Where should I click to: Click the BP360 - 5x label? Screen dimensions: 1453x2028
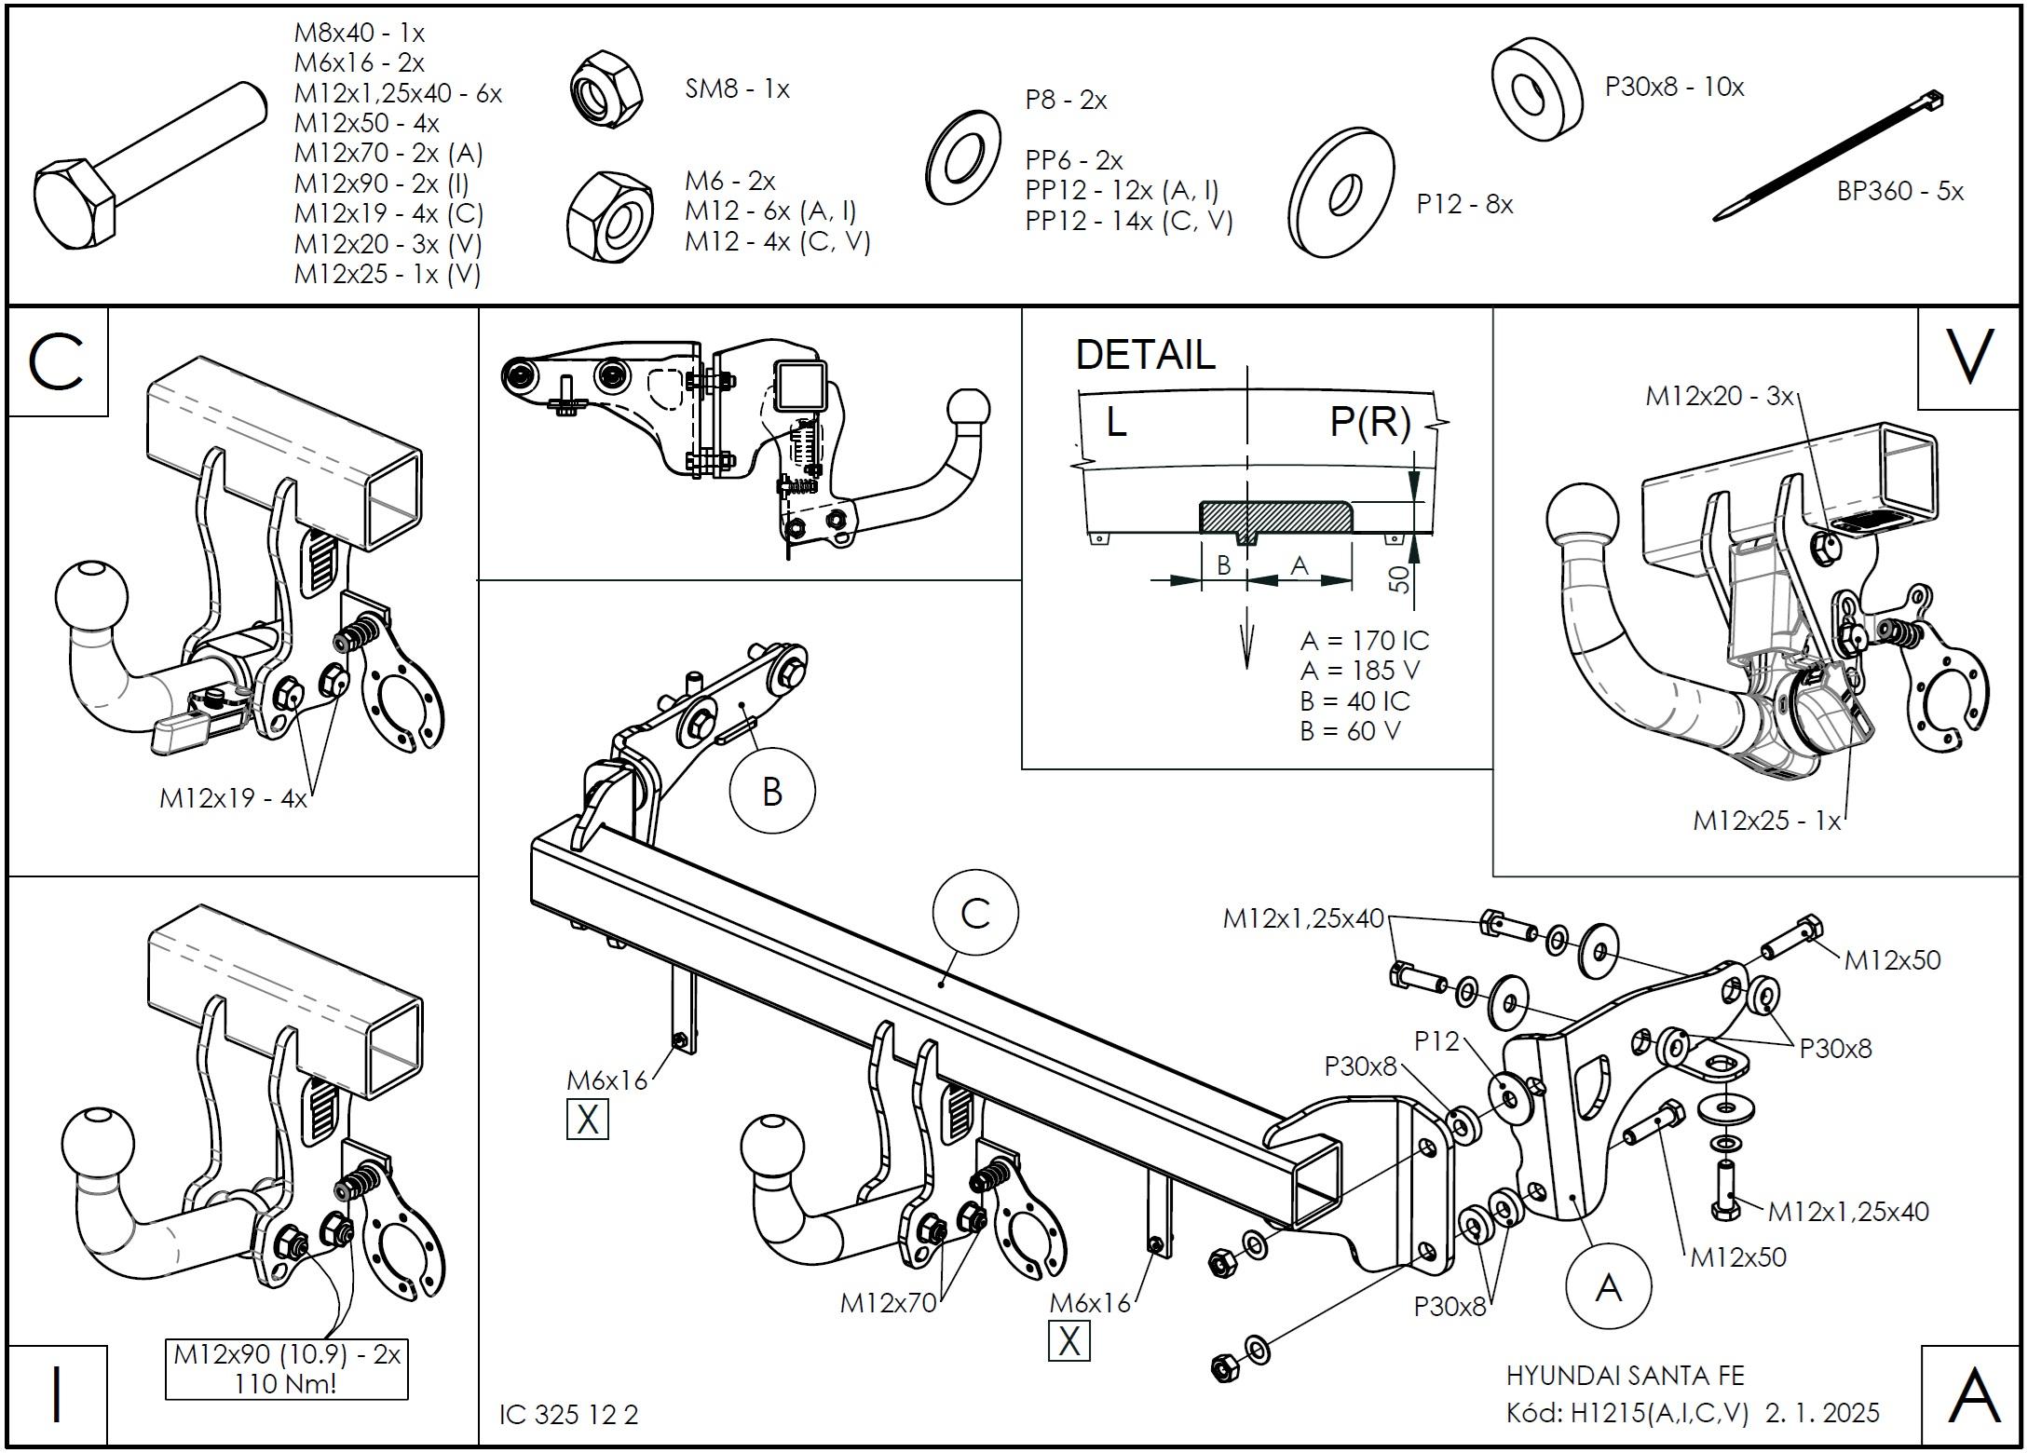1899,191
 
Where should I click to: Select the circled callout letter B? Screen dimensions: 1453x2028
771,792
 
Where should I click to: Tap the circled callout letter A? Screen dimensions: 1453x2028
1608,1287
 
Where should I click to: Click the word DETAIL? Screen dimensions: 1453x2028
1145,355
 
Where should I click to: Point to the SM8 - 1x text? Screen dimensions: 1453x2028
737,89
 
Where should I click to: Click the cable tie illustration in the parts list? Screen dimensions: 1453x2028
1828,156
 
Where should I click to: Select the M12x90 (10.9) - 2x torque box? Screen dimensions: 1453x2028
287,1367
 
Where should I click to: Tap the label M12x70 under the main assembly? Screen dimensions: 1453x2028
888,1302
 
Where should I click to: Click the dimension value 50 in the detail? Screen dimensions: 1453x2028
1400,580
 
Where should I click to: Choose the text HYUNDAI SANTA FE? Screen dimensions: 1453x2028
1625,1376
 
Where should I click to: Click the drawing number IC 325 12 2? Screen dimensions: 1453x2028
568,1415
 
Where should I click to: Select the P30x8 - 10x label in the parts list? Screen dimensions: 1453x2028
1674,87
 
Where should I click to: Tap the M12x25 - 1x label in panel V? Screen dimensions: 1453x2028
1766,821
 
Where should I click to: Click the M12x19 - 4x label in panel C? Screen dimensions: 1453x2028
233,798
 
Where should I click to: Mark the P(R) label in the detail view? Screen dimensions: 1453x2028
1369,422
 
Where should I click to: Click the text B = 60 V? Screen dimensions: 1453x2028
1350,731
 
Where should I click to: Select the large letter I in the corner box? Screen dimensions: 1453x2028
57,1394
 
